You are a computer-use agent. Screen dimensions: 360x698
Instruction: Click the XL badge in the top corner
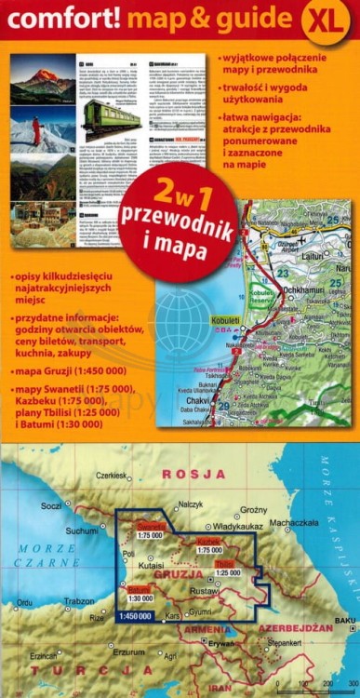[325, 20]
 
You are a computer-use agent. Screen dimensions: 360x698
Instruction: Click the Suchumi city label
[81, 530]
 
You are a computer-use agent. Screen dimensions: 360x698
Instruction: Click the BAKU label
[345, 620]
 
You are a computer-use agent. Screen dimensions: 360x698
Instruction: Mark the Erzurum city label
[127, 652]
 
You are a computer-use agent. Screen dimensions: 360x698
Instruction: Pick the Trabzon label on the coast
[79, 600]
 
